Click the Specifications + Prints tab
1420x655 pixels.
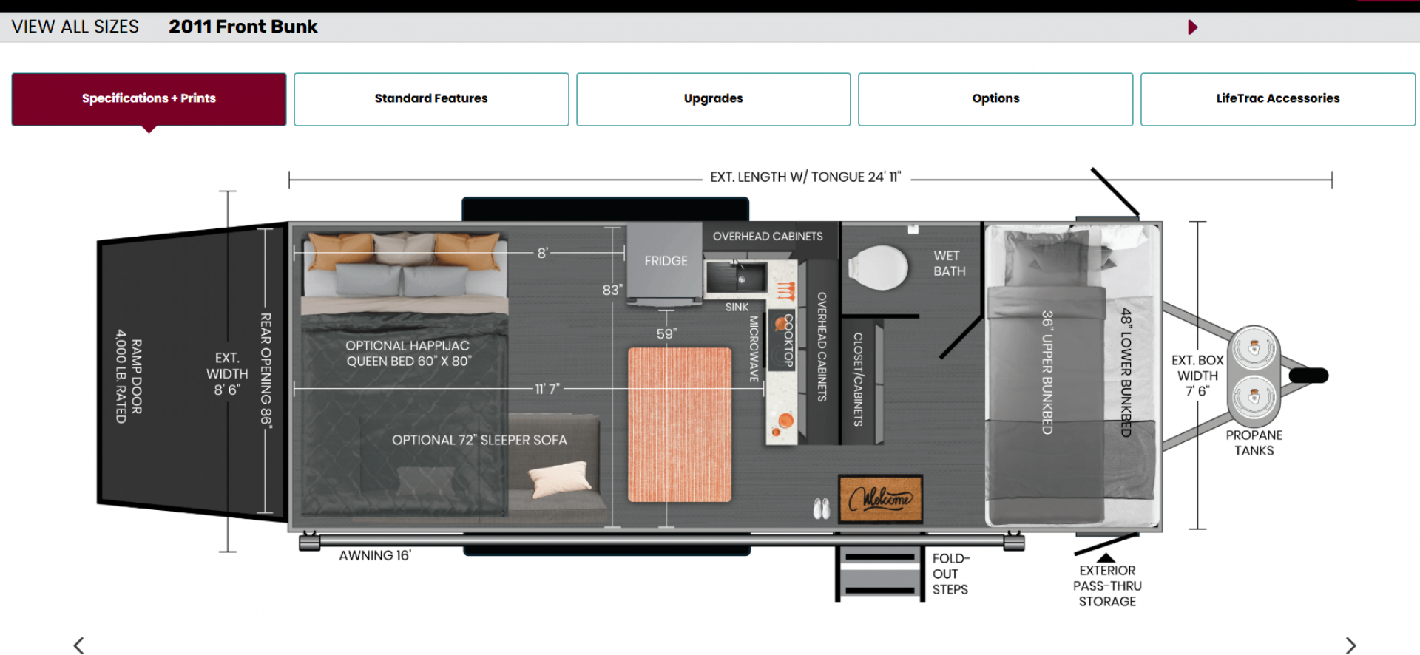149,99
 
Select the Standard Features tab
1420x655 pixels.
431,99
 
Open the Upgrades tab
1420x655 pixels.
714,99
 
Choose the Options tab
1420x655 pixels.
995,99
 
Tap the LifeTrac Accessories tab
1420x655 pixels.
1278,99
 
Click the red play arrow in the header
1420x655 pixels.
1192,27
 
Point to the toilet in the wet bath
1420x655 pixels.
878,268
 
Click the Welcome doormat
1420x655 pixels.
880,499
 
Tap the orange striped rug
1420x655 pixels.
680,425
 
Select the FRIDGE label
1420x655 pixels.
666,261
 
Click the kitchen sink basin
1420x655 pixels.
736,276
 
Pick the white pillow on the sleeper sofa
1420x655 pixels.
561,479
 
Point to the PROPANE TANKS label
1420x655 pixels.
1254,443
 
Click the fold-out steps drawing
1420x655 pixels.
880,574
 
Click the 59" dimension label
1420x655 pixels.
666,334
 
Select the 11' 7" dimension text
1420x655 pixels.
547,389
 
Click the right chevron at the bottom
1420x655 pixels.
1350,645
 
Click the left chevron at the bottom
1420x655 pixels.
78,645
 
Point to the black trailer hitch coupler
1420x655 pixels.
1308,376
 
